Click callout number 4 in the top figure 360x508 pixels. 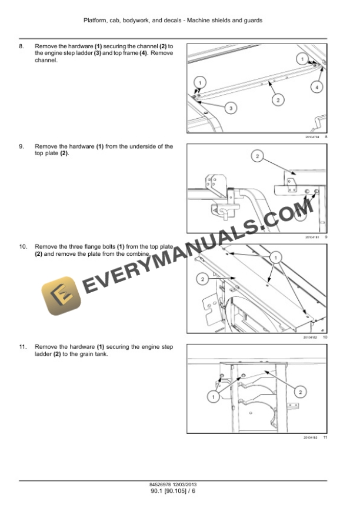316,86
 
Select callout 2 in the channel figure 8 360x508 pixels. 278,99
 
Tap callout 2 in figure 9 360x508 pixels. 257,156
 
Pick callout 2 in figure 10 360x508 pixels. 202,279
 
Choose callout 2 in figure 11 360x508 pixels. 300,392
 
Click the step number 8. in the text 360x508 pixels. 22,46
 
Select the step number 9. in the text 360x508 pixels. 22,146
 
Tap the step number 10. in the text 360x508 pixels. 23,246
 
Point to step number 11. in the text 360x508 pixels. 23,347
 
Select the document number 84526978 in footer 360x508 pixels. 162,484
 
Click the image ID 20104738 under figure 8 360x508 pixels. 311,136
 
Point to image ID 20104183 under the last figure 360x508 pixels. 310,437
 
